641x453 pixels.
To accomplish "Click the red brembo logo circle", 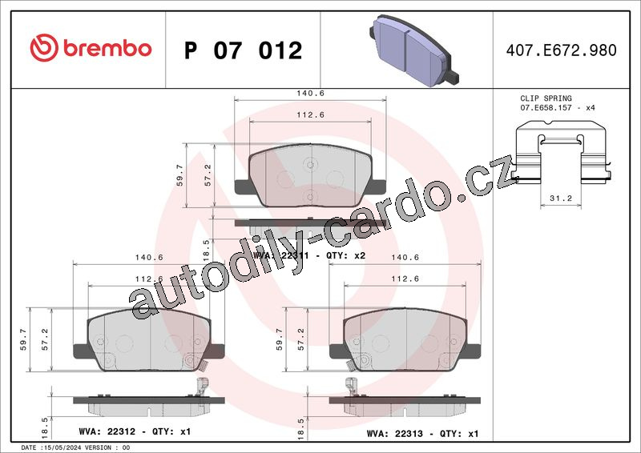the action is pyautogui.click(x=44, y=48).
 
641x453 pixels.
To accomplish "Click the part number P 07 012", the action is pyautogui.click(x=244, y=50).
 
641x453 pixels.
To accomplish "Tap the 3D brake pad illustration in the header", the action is pyautogui.click(x=414, y=50).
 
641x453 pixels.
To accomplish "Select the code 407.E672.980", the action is pyautogui.click(x=562, y=50).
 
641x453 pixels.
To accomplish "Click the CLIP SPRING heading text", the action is pyautogui.click(x=546, y=98).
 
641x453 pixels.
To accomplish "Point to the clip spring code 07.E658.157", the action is pyautogui.click(x=546, y=108).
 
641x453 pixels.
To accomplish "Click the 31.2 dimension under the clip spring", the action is pyautogui.click(x=560, y=198).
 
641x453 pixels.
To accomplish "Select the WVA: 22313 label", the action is pyautogui.click(x=394, y=434).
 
